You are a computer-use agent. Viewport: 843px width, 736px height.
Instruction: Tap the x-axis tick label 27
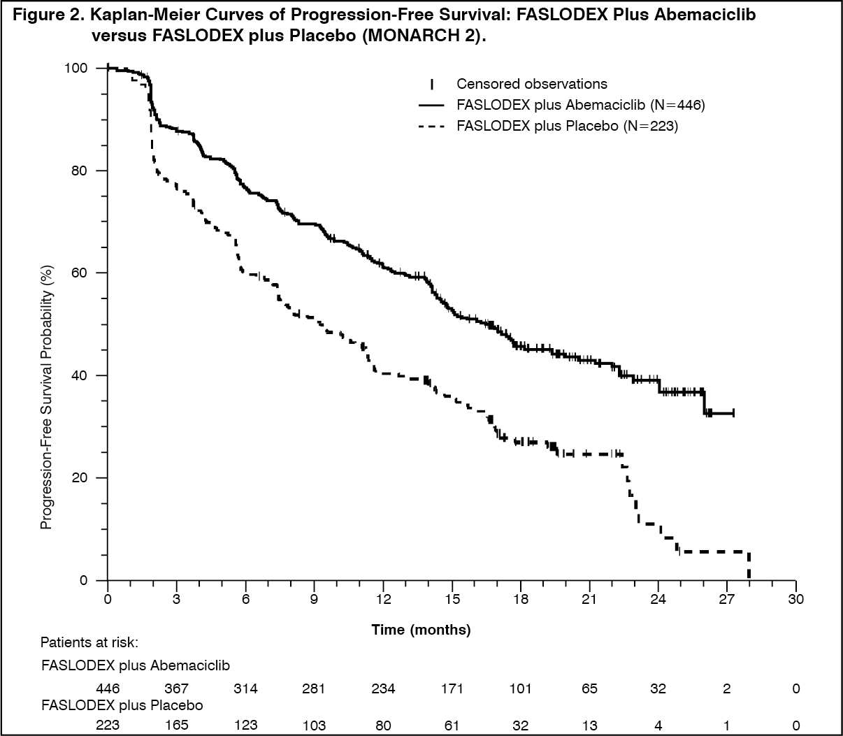click(727, 599)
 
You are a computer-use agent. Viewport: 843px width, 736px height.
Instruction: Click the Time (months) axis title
click(421, 630)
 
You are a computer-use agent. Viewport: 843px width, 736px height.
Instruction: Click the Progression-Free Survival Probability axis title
click(47, 396)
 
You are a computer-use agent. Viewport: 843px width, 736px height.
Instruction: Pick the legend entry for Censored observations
click(532, 84)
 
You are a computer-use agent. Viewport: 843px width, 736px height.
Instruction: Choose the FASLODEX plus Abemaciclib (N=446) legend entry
click(580, 105)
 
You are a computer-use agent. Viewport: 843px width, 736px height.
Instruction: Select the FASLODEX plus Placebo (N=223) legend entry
click(567, 126)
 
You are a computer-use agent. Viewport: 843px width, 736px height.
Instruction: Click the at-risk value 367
click(176, 688)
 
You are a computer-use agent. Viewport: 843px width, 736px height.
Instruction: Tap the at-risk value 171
click(452, 688)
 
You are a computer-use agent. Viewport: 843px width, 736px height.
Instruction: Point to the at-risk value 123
click(245, 726)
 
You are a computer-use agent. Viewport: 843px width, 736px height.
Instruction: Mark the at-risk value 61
click(452, 726)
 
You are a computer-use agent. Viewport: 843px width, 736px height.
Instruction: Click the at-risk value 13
click(589, 726)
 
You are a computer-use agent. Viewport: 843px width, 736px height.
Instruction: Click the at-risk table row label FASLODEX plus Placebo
click(122, 705)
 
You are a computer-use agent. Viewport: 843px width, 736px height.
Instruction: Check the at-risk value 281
click(314, 688)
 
